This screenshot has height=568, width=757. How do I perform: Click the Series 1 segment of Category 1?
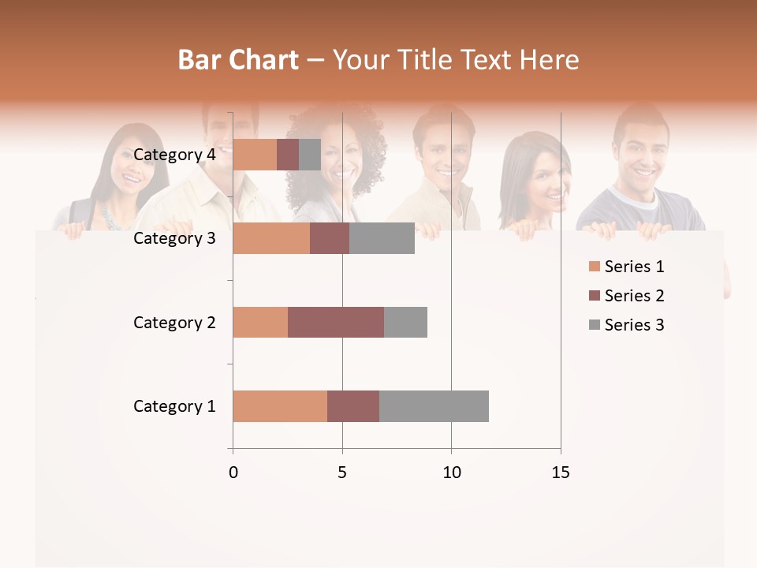coord(280,406)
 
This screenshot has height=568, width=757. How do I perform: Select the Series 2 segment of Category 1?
coord(353,406)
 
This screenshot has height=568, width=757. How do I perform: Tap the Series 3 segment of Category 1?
coord(434,406)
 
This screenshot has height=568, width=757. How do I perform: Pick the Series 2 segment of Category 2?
coord(336,322)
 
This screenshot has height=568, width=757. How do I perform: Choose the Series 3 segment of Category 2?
coord(405,322)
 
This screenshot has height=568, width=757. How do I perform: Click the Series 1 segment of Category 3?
coord(271,238)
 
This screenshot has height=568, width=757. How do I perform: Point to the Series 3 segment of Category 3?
coord(382,238)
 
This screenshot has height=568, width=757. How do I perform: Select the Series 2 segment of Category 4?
coord(288,155)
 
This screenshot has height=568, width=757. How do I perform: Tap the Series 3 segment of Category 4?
coord(310,155)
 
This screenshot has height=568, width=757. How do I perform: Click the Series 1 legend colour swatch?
coord(594,267)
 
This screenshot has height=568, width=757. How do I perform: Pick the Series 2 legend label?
coord(634,296)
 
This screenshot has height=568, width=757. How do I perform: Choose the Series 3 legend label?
coord(634,325)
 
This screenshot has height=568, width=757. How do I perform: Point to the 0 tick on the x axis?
coord(233,473)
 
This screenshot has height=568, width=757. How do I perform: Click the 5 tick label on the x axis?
coord(342,473)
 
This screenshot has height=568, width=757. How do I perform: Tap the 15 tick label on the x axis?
coord(560,473)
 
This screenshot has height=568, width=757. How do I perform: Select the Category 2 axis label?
coord(174,322)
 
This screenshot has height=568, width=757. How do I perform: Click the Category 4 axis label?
coord(174,155)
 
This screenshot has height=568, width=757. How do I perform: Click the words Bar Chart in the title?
coord(238,59)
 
